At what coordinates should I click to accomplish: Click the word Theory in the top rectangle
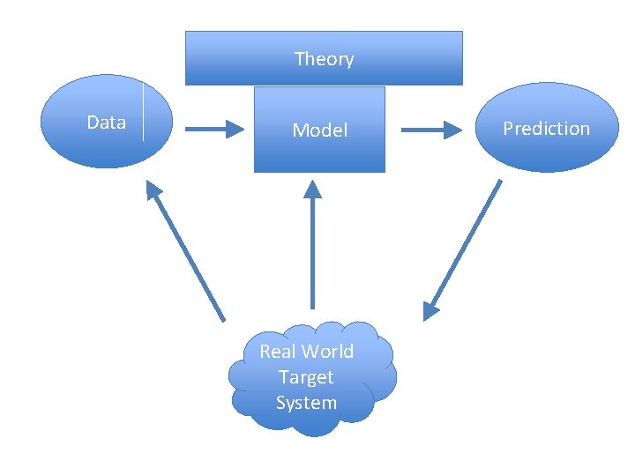pos(324,59)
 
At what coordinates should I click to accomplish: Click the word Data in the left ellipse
pos(106,123)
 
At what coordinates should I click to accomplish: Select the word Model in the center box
pos(320,130)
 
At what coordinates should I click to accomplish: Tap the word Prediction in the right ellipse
pos(546,129)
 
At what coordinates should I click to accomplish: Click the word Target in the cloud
pos(306,377)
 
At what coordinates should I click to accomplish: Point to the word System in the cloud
pos(306,403)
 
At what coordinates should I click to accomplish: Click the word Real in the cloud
pos(278,352)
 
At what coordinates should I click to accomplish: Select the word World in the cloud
pos(326,352)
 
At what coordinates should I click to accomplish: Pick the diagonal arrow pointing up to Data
pos(187,252)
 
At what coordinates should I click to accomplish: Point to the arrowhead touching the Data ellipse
pos(155,189)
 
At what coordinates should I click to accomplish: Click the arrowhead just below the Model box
pos(312,189)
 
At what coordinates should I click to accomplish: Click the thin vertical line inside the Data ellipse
pos(143,110)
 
